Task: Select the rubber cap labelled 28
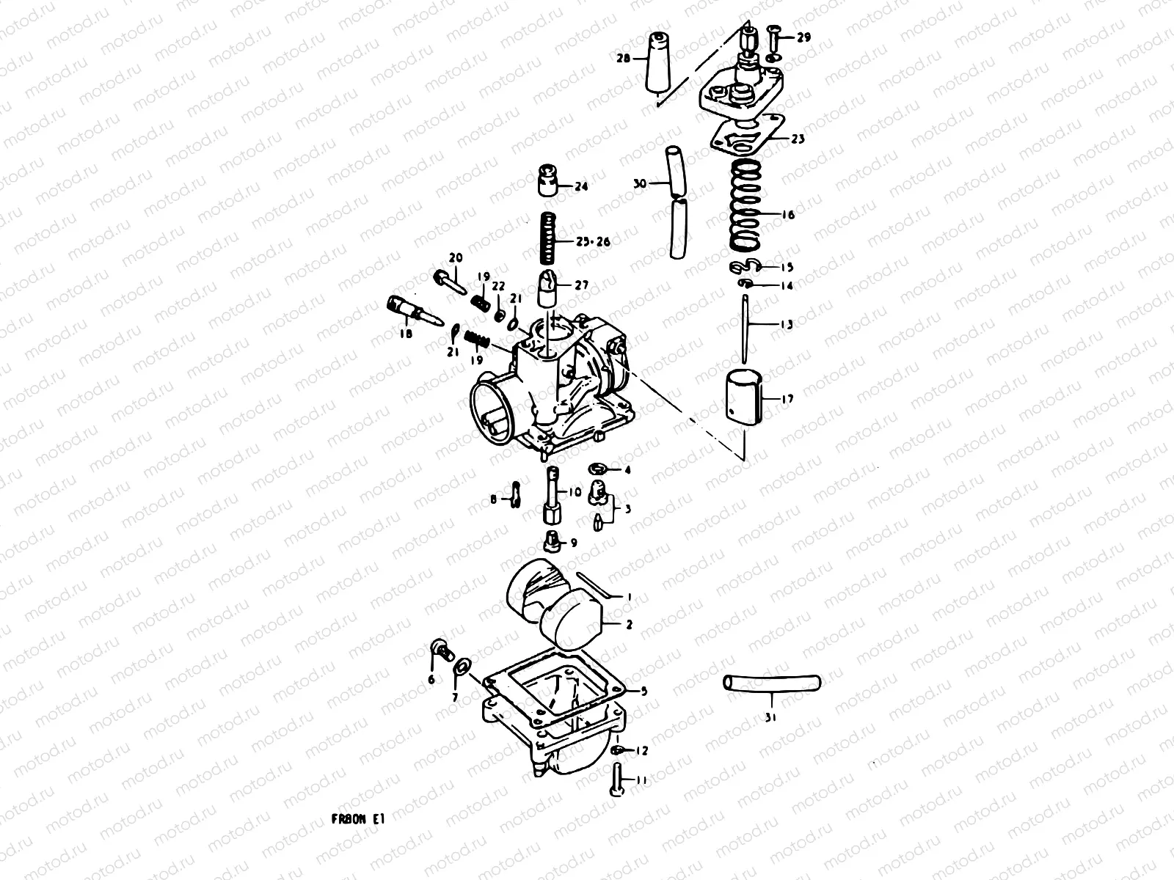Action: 659,65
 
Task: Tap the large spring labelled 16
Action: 745,207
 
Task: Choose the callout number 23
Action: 798,138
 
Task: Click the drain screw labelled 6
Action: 442,650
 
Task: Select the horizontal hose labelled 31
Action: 770,683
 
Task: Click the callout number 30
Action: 640,184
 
